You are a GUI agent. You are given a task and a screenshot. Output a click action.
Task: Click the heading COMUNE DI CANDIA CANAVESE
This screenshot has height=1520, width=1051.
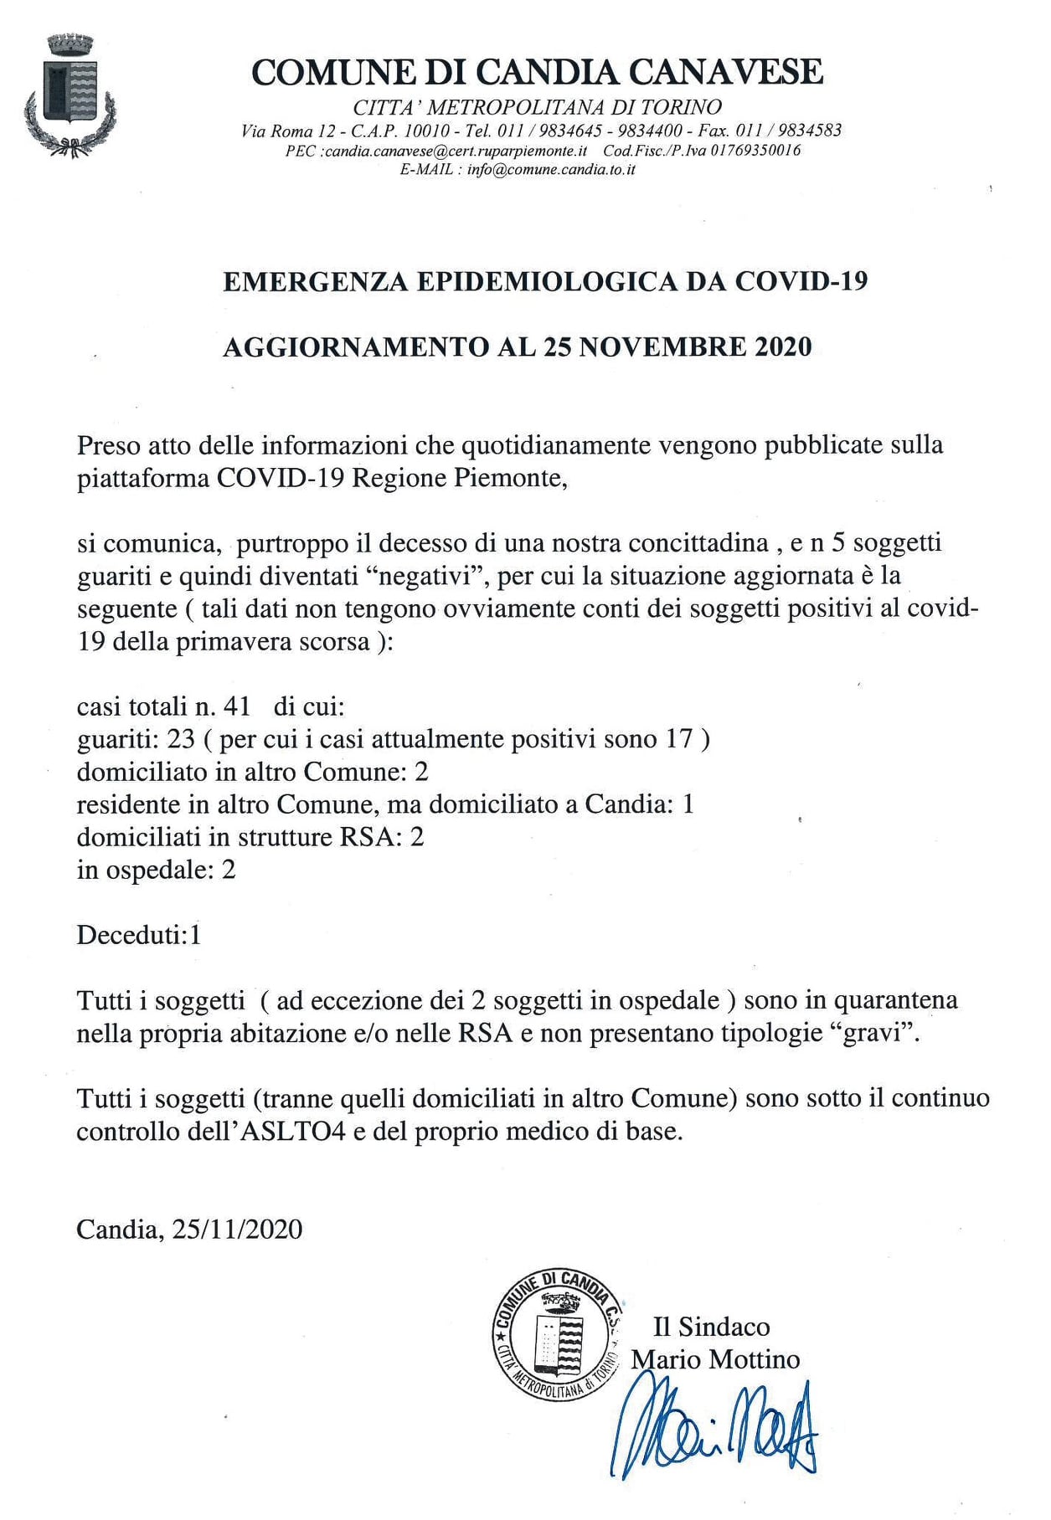(537, 72)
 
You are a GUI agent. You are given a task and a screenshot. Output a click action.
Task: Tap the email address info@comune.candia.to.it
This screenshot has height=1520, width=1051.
(551, 169)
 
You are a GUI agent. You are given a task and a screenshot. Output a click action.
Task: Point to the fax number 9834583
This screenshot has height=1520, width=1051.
(810, 130)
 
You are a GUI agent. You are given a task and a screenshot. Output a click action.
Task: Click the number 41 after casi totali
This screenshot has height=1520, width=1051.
(237, 706)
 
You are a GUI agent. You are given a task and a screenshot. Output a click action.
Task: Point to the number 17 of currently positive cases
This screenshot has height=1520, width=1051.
(679, 739)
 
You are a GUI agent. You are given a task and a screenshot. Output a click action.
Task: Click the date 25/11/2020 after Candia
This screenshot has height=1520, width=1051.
(237, 1229)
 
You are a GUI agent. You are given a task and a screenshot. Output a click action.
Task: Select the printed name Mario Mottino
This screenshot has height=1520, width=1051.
(715, 1359)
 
